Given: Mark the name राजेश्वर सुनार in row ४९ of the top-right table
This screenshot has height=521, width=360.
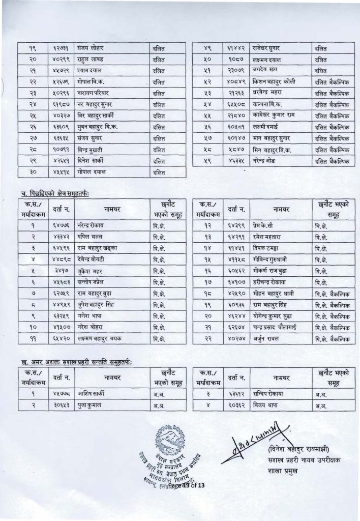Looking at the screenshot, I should pyautogui.click(x=268, y=48).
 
